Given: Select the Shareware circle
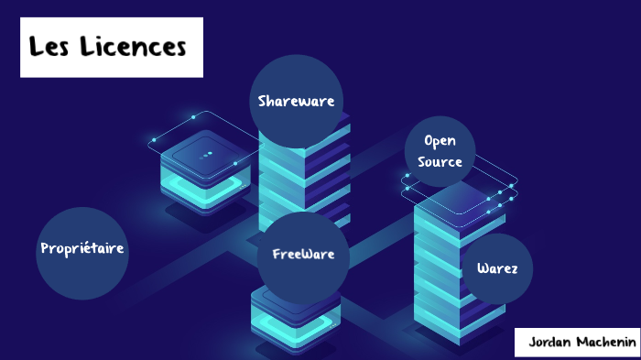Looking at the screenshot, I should click(296, 100).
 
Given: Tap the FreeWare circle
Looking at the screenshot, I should click(303, 254).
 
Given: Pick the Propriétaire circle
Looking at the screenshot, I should click(82, 248).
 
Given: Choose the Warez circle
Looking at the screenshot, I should click(497, 268).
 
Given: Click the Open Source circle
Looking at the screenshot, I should click(440, 151).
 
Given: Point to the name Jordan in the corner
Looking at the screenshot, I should click(549, 342).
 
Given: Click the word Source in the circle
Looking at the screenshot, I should click(440, 161).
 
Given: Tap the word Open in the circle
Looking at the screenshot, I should click(440, 141).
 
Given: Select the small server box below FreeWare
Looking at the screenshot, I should click(295, 316).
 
